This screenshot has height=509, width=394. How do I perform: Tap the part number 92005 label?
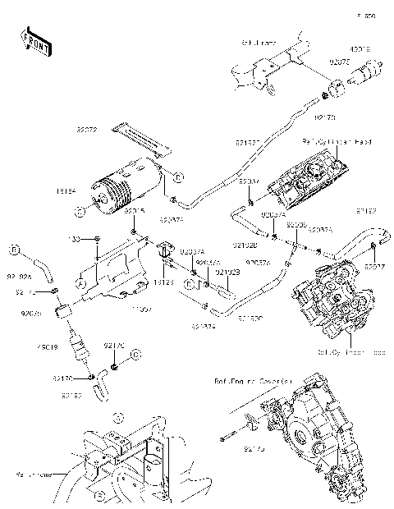tap(296, 224)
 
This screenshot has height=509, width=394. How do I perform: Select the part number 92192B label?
tap(227, 272)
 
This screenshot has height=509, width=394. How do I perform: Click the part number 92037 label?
tap(375, 266)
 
